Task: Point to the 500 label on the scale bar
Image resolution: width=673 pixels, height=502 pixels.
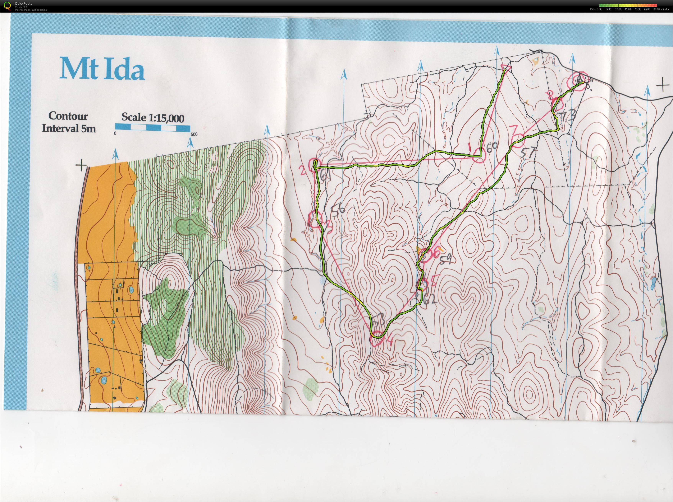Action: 194,134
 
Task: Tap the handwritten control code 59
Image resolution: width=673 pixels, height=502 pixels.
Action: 446,259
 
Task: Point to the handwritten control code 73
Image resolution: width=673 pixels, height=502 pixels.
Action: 567,116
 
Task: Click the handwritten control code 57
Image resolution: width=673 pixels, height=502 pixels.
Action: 528,152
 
